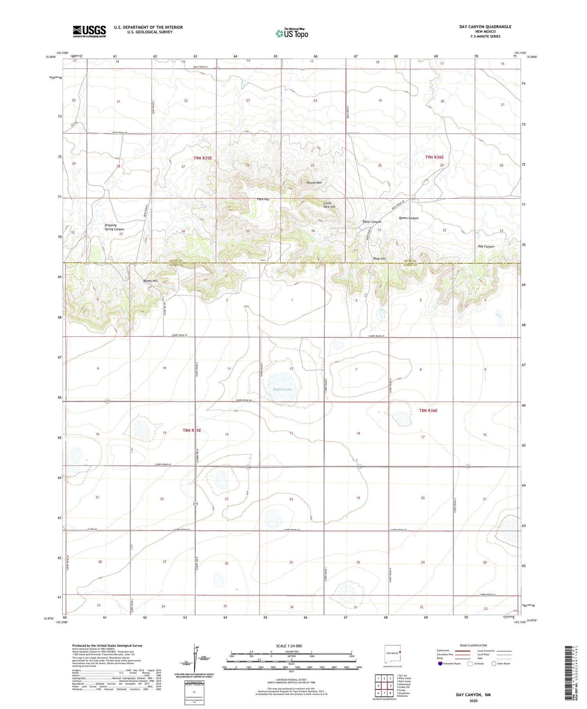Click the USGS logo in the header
coord(89,31)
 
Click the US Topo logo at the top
coord(292,33)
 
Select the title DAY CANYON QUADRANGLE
coord(485,27)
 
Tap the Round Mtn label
coord(314,183)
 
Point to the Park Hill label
coord(263,199)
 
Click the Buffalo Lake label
coord(283,389)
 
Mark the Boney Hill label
coord(150,281)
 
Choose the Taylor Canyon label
coord(371,222)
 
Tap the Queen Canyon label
coord(409,218)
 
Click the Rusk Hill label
coord(379,258)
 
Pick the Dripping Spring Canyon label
coord(114,227)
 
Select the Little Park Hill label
coord(330,205)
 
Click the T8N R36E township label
coord(428,410)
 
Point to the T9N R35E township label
coord(203,158)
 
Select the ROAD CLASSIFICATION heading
coord(474,645)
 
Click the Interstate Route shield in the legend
coord(440,664)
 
